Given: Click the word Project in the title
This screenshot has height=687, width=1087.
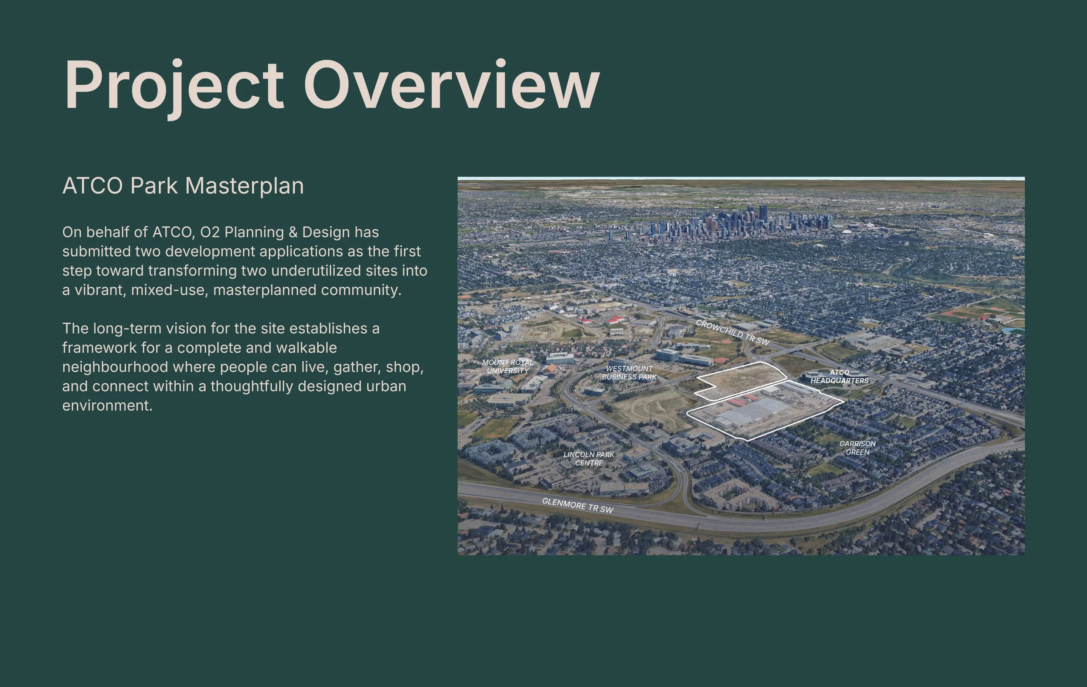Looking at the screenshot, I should [174, 86].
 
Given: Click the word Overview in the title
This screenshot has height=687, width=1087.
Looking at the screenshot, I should [451, 86].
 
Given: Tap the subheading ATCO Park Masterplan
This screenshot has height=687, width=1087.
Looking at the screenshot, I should [183, 186].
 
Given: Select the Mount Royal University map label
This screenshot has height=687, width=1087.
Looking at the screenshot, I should [507, 366].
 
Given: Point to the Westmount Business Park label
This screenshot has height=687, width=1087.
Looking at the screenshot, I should [629, 372].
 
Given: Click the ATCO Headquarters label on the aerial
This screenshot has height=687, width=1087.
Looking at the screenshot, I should [839, 376].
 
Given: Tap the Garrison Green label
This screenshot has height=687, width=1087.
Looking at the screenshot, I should [857, 448].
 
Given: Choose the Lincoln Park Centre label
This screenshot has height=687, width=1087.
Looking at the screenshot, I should [589, 459].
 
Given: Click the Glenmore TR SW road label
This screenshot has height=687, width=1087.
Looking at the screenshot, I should [577, 506].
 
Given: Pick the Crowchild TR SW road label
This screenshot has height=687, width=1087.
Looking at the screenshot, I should [732, 332].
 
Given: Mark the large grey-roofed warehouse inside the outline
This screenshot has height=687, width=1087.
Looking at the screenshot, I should [752, 412].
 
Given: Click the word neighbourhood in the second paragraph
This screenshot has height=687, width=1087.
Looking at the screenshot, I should [115, 367].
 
